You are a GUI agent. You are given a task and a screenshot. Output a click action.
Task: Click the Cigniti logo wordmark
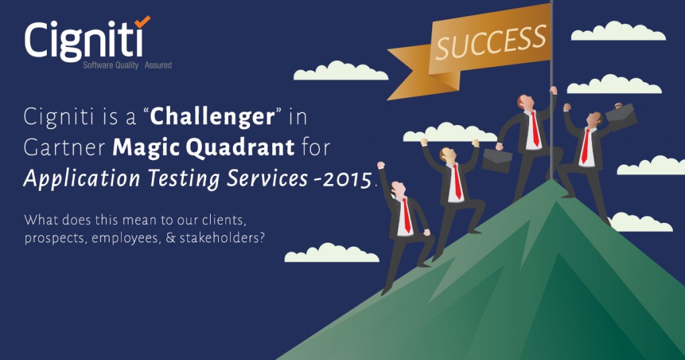point(84,41)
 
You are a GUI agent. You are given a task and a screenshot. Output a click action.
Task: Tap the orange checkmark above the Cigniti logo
point(142,21)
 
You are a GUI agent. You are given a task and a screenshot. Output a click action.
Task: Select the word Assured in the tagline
point(158,66)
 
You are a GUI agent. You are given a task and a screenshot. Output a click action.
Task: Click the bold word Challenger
point(212,116)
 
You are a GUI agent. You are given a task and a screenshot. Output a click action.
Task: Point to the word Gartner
point(65,148)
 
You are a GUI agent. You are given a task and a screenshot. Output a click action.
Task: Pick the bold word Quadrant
point(240,148)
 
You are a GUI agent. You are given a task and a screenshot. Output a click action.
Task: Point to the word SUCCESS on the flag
point(491,43)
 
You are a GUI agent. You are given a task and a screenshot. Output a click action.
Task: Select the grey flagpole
point(552,90)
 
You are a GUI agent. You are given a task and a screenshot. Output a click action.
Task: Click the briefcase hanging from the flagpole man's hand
point(497,161)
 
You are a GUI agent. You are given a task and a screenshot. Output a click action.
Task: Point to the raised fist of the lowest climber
point(381,165)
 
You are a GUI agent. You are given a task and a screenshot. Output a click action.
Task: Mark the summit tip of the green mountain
point(553,180)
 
